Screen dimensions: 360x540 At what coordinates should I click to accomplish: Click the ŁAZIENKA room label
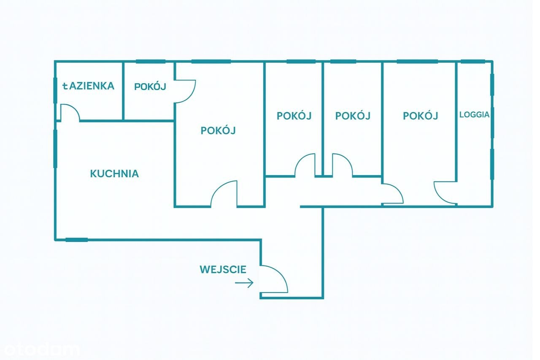coord(88,86)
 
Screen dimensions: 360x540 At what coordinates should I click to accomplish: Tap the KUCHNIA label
coord(114,173)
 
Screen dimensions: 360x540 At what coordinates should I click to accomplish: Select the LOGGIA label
coord(474,114)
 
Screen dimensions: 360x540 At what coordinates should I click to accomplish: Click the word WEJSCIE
coord(223,269)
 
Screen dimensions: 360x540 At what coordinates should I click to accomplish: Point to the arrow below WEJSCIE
coord(244,283)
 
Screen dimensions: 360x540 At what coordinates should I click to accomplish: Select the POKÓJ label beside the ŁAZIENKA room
coord(150,87)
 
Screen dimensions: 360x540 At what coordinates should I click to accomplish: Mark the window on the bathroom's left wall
coord(55,90)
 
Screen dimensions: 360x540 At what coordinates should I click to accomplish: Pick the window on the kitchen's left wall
coord(55,148)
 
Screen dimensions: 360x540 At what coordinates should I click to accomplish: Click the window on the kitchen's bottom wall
coord(76,240)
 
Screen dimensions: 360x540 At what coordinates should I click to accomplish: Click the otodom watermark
coord(40,349)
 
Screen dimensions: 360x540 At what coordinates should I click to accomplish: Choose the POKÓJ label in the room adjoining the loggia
coord(420,116)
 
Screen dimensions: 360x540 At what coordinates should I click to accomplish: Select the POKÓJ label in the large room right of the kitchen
coord(218,130)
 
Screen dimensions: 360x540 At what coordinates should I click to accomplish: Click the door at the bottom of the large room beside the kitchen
coord(224,194)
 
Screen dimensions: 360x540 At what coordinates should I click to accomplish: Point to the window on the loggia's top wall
coord(472,62)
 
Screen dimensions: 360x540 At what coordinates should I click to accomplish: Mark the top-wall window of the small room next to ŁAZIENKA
coord(151,62)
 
